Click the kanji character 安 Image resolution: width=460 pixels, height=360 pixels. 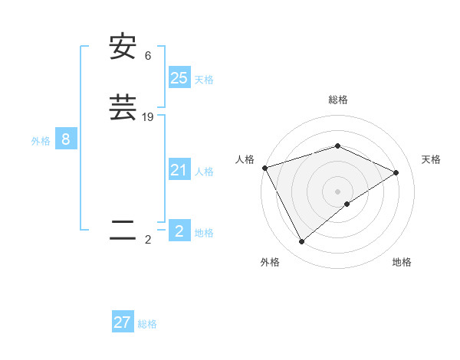click(123, 48)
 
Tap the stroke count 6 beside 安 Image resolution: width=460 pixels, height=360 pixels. click(148, 56)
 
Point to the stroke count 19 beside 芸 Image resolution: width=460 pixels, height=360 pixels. click(148, 117)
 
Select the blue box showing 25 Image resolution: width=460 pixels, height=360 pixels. click(179, 78)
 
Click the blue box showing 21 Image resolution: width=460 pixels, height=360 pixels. click(179, 170)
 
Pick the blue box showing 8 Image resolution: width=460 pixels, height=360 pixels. click(66, 139)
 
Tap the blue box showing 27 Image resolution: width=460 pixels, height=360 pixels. click(123, 322)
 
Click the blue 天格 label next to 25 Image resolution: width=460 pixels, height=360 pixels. click(204, 80)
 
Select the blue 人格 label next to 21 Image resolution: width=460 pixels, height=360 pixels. click(204, 172)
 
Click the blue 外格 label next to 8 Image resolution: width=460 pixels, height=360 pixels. click(41, 141)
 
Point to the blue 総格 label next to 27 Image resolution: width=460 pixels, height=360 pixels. click(147, 324)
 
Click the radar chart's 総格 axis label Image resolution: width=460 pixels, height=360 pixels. click(338, 100)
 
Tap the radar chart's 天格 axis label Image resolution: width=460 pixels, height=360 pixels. click(431, 159)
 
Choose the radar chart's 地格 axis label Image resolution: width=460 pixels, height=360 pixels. click(402, 262)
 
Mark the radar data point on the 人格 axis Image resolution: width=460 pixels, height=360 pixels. click(264, 168)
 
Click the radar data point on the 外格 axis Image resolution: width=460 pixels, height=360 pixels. click(302, 242)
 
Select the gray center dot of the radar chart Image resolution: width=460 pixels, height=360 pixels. click(338, 191)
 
